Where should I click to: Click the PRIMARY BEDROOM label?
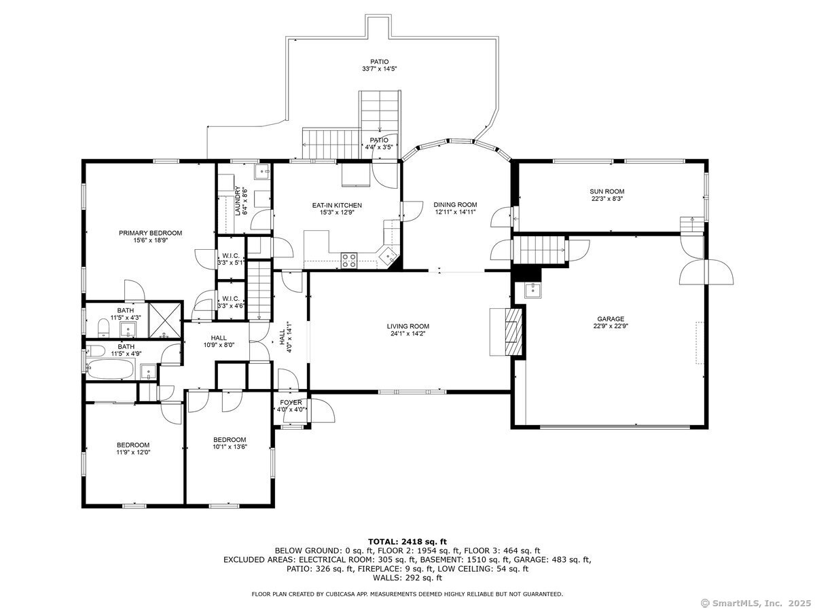(150, 233)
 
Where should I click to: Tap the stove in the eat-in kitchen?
(349, 259)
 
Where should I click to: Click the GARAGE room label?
(611, 319)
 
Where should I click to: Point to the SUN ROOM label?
(606, 191)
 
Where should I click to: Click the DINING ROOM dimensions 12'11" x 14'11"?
(455, 212)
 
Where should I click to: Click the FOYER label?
(291, 403)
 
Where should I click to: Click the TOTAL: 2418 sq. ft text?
(407, 541)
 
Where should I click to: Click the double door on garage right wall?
(706, 273)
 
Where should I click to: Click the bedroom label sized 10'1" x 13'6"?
(229, 440)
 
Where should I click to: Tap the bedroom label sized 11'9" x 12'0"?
(132, 445)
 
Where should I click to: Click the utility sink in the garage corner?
(532, 291)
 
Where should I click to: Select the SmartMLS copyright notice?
(754, 602)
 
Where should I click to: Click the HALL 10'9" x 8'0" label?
(219, 337)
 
